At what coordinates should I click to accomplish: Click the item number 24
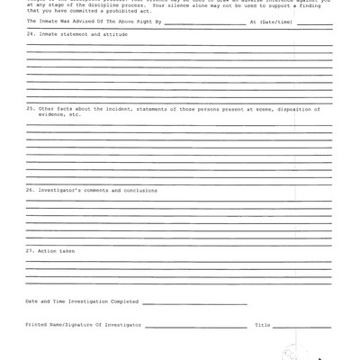click(30, 34)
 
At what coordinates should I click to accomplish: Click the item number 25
click(30, 109)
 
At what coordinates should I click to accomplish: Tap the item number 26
click(30, 190)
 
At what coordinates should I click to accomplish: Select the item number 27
click(30, 250)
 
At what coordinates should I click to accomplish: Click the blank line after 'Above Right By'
click(204, 22)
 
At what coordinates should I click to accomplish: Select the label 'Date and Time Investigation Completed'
click(82, 301)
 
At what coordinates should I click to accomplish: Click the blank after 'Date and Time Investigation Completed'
click(193, 302)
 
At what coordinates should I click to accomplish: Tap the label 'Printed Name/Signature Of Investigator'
click(84, 324)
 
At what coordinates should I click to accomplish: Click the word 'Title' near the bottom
click(262, 324)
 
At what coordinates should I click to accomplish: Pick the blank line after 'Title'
click(301, 326)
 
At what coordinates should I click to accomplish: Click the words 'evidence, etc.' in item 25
click(59, 114)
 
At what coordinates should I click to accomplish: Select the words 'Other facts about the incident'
click(73, 109)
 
